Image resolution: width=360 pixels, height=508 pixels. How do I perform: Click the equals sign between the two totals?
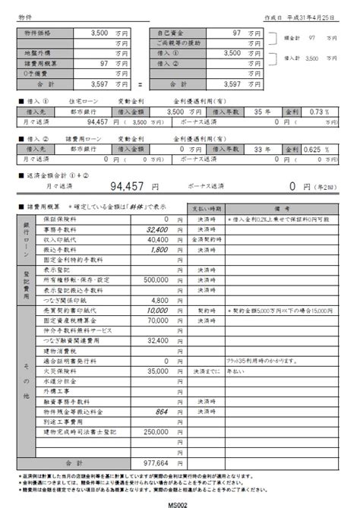point(141,85)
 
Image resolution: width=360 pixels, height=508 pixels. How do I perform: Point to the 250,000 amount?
point(153,431)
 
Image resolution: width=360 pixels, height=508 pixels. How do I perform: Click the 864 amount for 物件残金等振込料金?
point(159,410)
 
